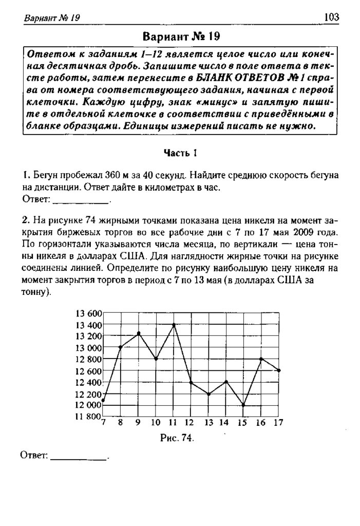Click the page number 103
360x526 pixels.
tap(332, 17)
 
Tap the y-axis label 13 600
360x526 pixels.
tap(88, 313)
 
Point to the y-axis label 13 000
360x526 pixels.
tap(88, 348)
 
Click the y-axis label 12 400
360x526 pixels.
tap(88, 382)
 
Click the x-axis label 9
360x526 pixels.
tap(138, 423)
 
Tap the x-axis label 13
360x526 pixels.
tap(209, 423)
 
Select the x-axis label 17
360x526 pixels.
tap(278, 423)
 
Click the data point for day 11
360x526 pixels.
tap(174, 325)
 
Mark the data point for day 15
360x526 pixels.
tap(244, 405)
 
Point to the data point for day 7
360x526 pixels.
tap(104, 400)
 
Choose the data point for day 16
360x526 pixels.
tap(261, 359)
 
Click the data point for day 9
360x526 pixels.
tap(139, 333)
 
